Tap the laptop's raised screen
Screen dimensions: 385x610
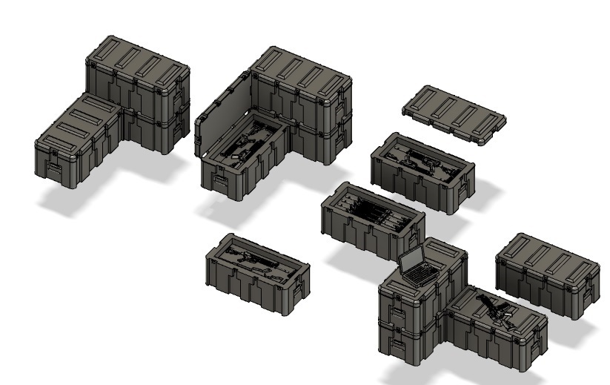(x=411, y=260)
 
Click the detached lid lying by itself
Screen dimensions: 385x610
(x=455, y=114)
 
